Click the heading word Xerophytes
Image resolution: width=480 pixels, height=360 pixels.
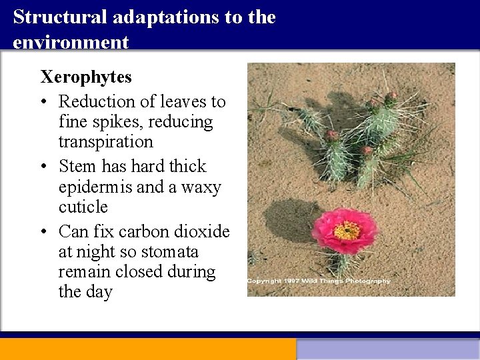pos(86,77)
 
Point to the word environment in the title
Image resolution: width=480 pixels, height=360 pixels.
pos(71,42)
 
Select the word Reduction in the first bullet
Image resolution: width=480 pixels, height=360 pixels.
pos(97,102)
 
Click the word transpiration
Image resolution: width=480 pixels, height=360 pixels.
pos(105,142)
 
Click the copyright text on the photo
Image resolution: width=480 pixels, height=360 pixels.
pos(319,281)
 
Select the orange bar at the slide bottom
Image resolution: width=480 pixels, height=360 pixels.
pos(147,349)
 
